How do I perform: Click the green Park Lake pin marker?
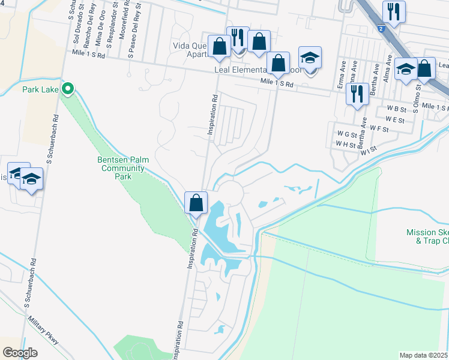point(68,89)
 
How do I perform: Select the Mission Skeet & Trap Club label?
point(427,236)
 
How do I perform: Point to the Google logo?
point(20,353)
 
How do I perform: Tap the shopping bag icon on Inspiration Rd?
point(196,203)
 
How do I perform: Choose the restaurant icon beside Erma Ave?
point(357,94)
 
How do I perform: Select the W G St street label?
point(347,133)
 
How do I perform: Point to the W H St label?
point(346,144)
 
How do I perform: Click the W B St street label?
point(397,109)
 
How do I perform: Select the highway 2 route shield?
point(381,28)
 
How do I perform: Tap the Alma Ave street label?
point(388,71)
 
